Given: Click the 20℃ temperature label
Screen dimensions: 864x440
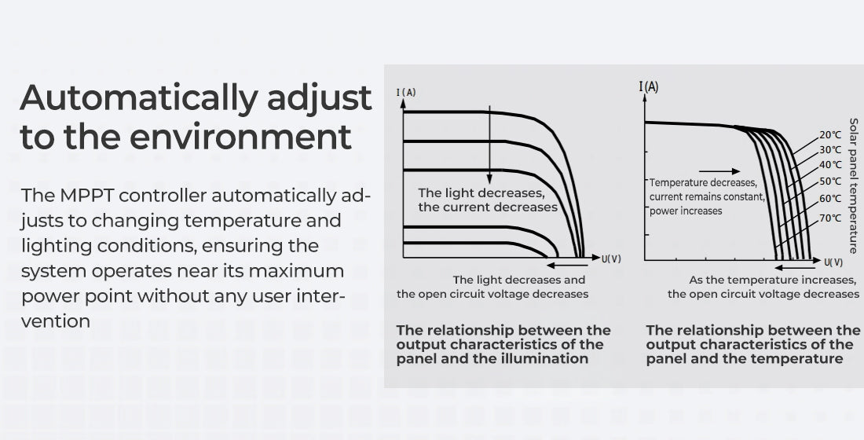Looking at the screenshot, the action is point(830,134).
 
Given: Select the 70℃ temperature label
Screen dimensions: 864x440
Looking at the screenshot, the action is point(830,218).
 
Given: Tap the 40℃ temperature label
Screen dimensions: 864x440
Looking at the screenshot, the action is point(830,164).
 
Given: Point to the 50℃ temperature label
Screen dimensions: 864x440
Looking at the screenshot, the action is point(830,181).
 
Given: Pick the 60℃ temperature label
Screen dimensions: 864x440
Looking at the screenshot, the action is point(830,198).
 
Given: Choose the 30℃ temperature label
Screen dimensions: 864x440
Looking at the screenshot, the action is point(830,149).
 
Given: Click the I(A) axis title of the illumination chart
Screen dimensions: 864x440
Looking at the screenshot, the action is point(406,92).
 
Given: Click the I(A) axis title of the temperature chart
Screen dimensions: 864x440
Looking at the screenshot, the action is point(649,86).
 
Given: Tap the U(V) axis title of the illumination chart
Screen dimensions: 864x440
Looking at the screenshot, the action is point(611,258).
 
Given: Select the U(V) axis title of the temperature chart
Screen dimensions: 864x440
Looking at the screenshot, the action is point(833,262).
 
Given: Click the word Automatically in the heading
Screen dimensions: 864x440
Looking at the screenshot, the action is point(139,98).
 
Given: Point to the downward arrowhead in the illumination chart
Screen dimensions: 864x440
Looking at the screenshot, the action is point(489,179).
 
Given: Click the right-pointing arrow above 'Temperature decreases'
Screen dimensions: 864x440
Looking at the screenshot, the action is point(719,171).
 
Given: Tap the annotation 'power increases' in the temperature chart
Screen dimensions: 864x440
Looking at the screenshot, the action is point(686,211).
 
